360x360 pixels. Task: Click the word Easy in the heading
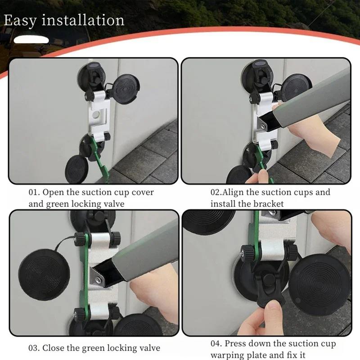click(x=20, y=21)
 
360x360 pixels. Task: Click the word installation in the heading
click(x=83, y=20)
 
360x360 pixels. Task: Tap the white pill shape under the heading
click(x=31, y=40)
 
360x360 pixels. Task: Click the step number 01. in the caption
click(x=34, y=192)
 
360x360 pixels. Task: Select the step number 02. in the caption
click(x=216, y=192)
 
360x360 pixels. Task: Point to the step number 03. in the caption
click(x=34, y=348)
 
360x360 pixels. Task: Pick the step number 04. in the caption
click(x=216, y=344)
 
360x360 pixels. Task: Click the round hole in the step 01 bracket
click(x=96, y=113)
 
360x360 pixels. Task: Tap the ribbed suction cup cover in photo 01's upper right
click(x=126, y=89)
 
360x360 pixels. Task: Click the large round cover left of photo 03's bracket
click(x=44, y=274)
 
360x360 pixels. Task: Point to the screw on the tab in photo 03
click(x=99, y=279)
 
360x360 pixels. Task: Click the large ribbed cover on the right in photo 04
click(x=319, y=285)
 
